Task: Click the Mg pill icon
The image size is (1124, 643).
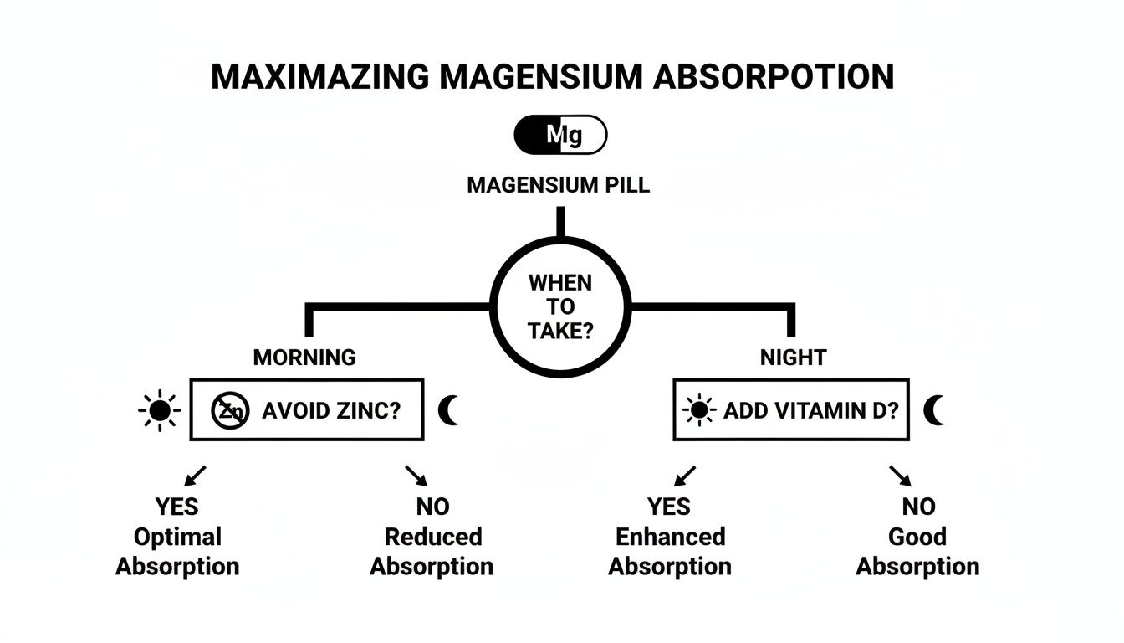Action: [x=560, y=135]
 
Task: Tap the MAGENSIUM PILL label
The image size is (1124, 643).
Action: [x=558, y=185]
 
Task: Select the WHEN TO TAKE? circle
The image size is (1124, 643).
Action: [x=560, y=306]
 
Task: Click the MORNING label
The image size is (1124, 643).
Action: [x=304, y=358]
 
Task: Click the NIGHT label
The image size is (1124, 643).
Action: [x=793, y=358]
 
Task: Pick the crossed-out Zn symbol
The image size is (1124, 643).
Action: [x=230, y=410]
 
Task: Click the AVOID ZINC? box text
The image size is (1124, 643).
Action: [x=331, y=410]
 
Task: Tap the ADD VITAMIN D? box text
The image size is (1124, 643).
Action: [x=810, y=410]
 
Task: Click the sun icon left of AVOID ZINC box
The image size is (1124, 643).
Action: [x=159, y=410]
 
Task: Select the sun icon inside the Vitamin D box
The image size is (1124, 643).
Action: [x=699, y=410]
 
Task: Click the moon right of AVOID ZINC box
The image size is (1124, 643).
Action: [x=449, y=410]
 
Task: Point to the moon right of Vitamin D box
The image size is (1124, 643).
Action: [x=934, y=410]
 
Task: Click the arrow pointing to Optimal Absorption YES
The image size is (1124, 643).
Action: [x=196, y=476]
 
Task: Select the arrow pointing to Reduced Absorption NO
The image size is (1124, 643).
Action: [x=416, y=476]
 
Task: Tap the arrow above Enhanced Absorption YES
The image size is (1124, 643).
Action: [x=684, y=476]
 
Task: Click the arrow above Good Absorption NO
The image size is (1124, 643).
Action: [x=900, y=476]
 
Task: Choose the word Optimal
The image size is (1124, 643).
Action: [x=177, y=537]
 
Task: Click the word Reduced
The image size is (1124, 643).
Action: [x=432, y=537]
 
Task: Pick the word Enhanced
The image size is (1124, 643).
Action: [x=670, y=537]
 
